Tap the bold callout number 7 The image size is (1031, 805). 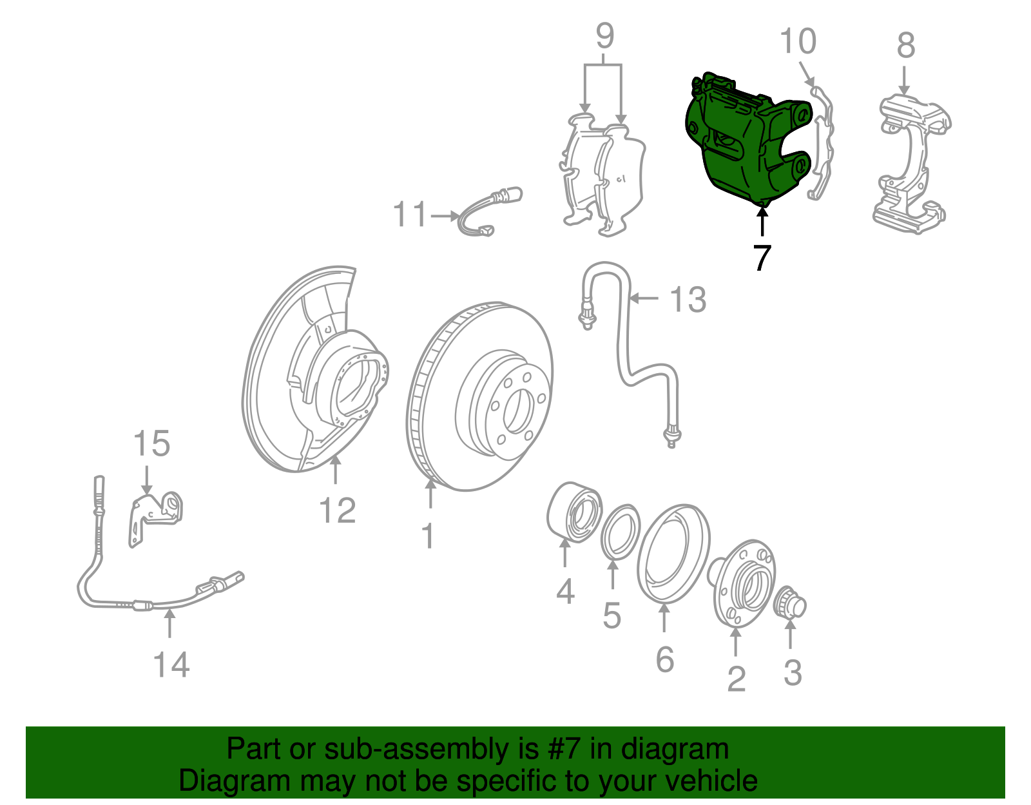(x=762, y=258)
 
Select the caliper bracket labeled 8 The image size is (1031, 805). (x=911, y=164)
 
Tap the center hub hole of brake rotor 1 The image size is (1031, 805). (x=516, y=411)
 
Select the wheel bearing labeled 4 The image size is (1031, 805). (x=574, y=512)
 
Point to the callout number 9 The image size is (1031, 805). (x=605, y=35)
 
